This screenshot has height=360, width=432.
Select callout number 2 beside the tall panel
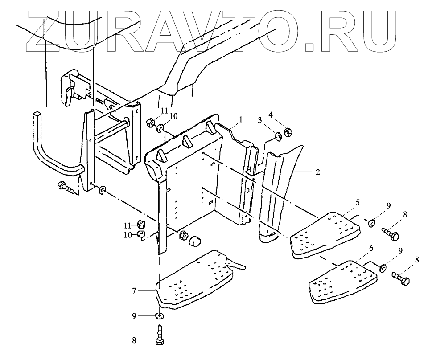(317, 172)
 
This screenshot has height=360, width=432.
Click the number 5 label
(358, 201)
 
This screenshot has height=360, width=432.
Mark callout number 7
(134, 290)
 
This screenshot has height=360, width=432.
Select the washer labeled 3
(278, 135)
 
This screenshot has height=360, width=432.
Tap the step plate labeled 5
(325, 233)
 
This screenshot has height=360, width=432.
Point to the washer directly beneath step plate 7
(159, 316)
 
